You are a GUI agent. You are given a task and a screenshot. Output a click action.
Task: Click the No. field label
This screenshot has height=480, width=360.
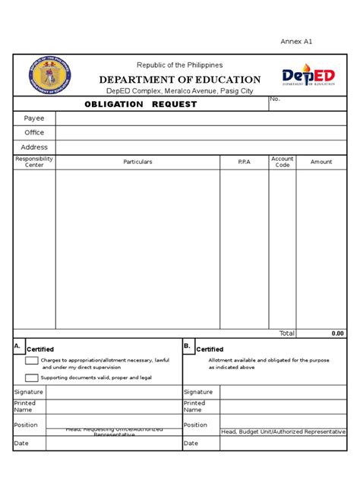click(275, 99)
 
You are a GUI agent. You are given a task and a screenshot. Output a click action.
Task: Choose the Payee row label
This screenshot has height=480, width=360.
click(34, 118)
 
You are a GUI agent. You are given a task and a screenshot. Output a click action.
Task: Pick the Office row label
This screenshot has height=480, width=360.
click(34, 133)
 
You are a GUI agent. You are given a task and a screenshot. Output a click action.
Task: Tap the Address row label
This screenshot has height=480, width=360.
click(34, 147)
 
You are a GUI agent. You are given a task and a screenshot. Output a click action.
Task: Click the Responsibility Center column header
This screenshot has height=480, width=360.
click(34, 162)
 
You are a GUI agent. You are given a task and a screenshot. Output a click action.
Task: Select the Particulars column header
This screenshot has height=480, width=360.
click(137, 162)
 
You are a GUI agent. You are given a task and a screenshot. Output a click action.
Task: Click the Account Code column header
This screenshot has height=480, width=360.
click(283, 162)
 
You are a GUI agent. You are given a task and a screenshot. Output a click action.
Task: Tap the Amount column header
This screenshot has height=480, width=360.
click(321, 162)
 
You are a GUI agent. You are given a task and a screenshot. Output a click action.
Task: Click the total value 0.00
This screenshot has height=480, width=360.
click(337, 333)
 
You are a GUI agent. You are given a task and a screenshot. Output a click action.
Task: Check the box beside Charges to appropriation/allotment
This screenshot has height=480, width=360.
click(31, 361)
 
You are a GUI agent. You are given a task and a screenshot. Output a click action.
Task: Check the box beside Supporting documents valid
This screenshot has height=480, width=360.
click(31, 377)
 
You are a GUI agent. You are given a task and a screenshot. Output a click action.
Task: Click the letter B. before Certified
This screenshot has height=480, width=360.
click(187, 346)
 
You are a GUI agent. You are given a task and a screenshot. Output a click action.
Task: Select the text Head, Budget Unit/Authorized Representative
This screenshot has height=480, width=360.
click(283, 431)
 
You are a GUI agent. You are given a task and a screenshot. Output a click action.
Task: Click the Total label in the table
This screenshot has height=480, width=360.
click(286, 333)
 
